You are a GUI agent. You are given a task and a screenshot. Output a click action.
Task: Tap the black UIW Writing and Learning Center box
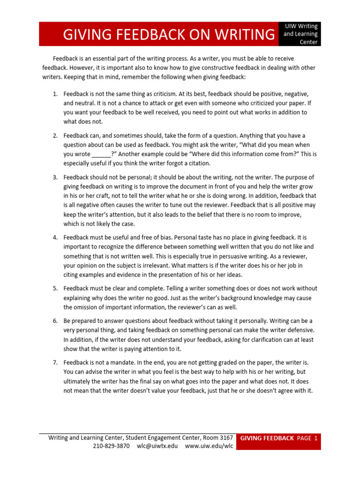coord(301,34)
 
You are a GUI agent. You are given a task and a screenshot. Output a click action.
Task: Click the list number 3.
coord(55,177)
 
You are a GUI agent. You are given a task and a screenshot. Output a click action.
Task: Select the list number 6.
coord(55,321)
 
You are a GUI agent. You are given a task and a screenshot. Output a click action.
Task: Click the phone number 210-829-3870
coord(111,446)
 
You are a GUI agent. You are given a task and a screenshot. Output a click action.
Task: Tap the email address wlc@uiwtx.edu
coord(157,446)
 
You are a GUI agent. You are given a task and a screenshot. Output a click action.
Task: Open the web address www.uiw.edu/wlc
coord(209,446)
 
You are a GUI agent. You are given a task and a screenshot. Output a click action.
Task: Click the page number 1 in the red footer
coord(316,438)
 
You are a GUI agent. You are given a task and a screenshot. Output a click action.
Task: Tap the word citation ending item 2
coord(199,163)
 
